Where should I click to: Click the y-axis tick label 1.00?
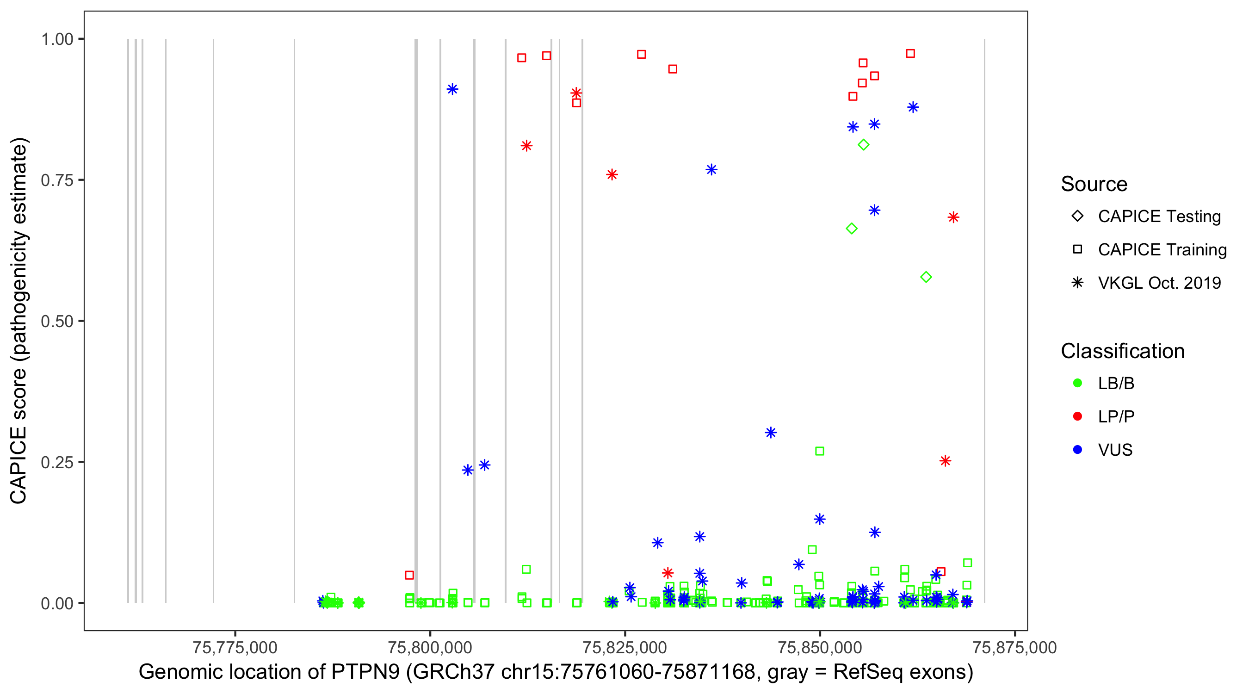click(x=56, y=39)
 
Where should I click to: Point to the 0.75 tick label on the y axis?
click(x=56, y=180)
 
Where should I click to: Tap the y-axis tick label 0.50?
click(x=56, y=321)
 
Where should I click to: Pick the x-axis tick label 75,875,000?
click(x=1014, y=647)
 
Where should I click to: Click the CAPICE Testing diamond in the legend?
click(x=1077, y=216)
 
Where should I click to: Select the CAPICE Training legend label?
click(x=1162, y=249)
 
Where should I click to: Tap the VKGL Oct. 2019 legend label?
click(x=1159, y=283)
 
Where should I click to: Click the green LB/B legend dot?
click(x=1077, y=383)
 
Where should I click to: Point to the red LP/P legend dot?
click(x=1077, y=416)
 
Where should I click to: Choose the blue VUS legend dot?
click(x=1077, y=450)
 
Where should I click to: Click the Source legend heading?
click(x=1094, y=184)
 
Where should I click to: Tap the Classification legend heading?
click(x=1122, y=351)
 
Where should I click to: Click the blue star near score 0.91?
click(x=452, y=89)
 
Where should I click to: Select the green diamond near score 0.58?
click(x=926, y=278)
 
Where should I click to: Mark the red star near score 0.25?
click(x=945, y=461)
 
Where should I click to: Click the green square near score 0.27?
click(x=819, y=451)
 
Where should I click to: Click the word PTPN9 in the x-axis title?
click(x=365, y=672)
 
